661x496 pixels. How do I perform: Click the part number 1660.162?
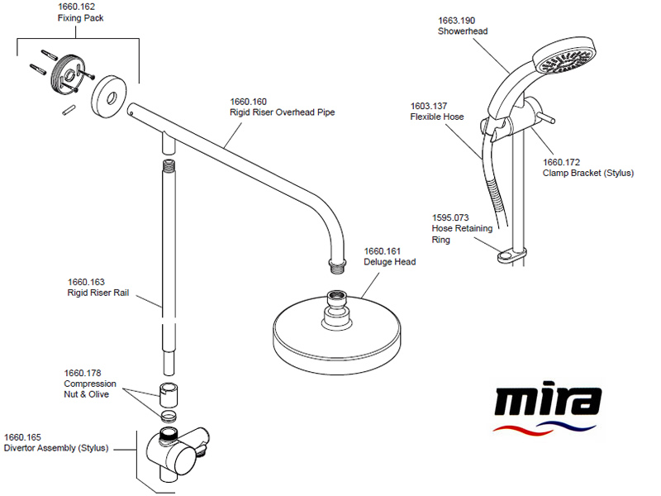tap(76, 7)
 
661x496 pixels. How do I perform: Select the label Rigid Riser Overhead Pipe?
tap(282, 112)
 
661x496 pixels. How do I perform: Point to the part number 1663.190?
tap(457, 21)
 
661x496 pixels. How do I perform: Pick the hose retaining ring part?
tap(511, 255)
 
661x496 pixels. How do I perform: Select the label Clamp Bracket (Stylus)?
tap(588, 174)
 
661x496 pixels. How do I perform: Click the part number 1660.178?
tap(83, 374)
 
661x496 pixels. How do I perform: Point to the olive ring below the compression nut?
tap(169, 416)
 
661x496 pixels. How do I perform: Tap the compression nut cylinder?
tap(169, 394)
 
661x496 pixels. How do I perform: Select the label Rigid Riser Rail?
tap(98, 293)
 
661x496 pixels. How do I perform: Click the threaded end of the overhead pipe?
tap(337, 266)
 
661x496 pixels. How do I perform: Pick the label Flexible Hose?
tap(437, 117)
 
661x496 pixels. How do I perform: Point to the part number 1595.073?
tap(450, 218)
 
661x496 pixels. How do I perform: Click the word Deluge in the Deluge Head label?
tap(378, 262)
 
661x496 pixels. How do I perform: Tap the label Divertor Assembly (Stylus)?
tap(56, 448)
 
